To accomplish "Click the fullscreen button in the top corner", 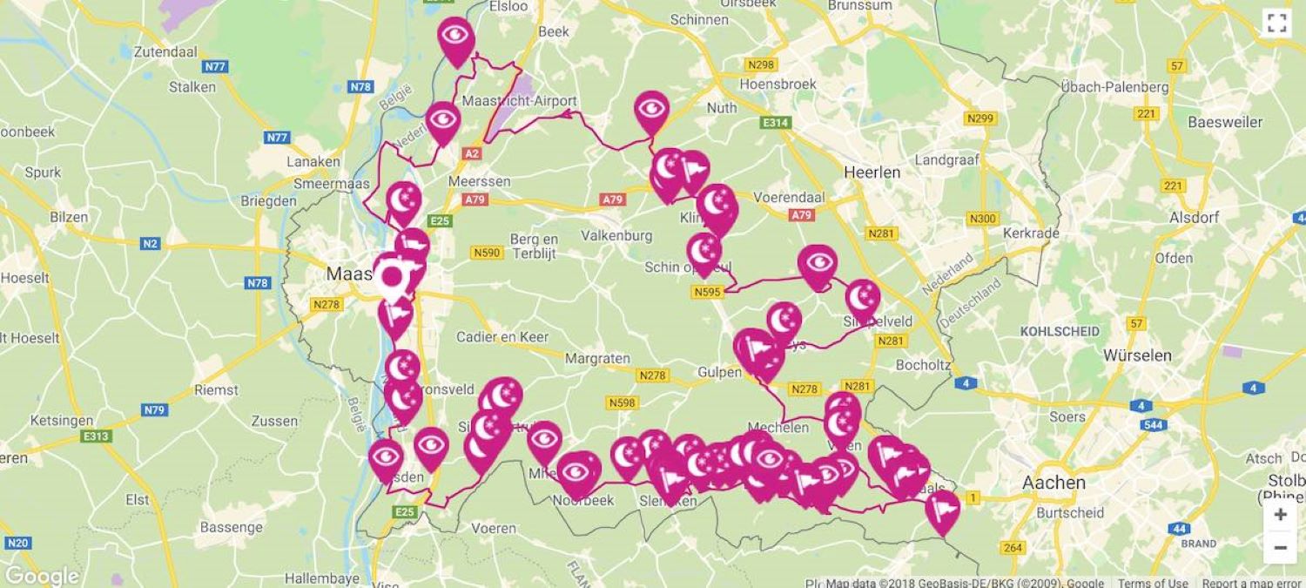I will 1276,24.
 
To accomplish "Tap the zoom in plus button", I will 1280,515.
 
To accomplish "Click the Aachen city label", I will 1054,483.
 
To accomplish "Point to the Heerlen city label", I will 872,172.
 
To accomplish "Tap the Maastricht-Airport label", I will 520,100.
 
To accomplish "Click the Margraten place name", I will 596,358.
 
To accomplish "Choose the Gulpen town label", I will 719,372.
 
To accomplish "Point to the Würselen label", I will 1137,355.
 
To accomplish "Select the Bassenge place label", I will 231,527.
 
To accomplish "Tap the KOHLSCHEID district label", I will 1060,331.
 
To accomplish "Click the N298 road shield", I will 760,64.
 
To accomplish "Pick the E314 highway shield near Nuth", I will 774,123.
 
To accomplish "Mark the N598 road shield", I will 622,402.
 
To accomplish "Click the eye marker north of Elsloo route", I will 455,37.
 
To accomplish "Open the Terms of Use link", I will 1153,583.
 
